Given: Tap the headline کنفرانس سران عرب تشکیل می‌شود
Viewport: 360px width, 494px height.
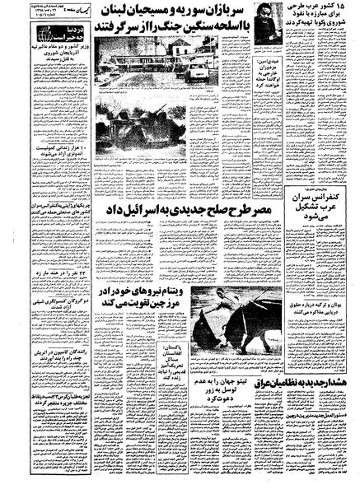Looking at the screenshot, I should click(318, 216).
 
